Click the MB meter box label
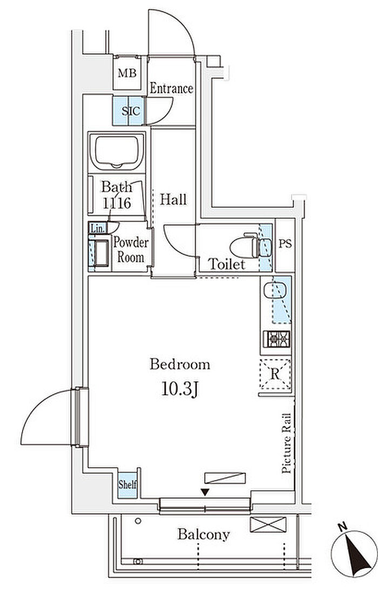127,73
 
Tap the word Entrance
172,89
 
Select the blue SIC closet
129,111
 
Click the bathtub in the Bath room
117,152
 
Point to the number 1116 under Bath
117,203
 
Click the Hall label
173,199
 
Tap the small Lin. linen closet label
97,228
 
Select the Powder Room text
131,249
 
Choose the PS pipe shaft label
285,244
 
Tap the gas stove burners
276,339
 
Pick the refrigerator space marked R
275,374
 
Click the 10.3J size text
180,389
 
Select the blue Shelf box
127,484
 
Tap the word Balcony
204,534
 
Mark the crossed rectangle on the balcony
268,525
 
